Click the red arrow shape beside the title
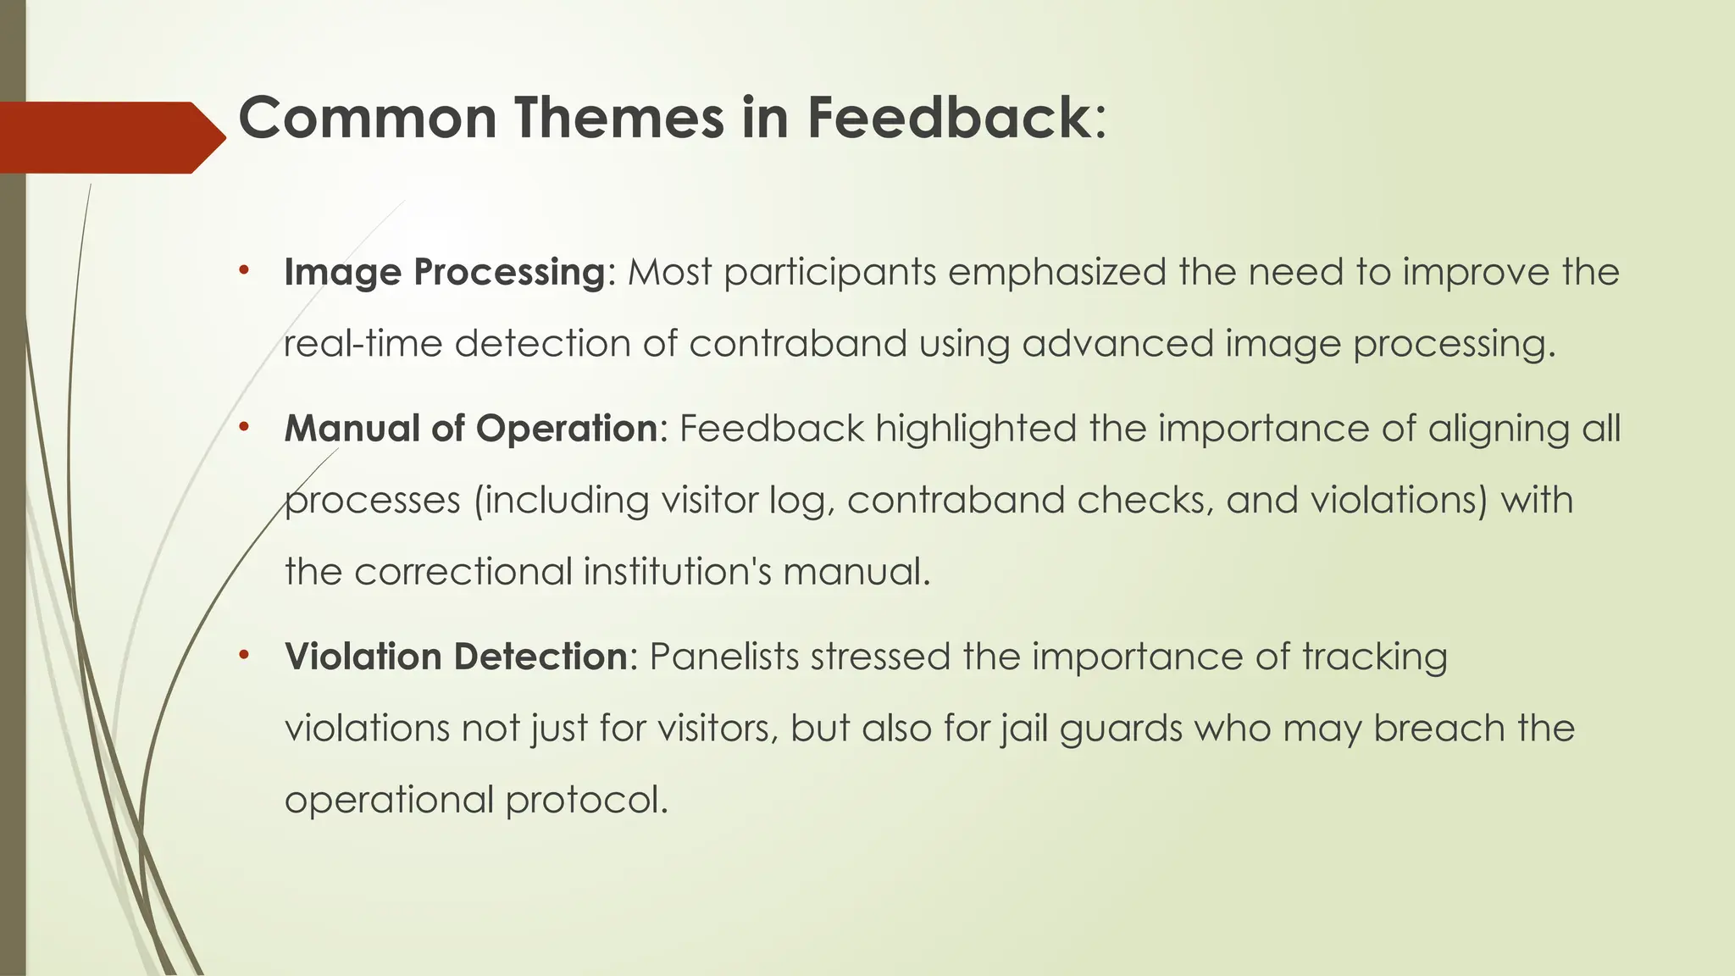[x=110, y=137]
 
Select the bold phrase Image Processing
[x=444, y=272]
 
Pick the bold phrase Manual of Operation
[x=471, y=428]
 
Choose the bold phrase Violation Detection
[x=456, y=657]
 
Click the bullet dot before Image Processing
[x=244, y=271]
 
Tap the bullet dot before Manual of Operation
[x=244, y=427]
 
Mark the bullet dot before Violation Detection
[x=244, y=655]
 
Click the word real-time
[x=363, y=344]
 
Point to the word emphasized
[x=1056, y=272]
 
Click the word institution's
[x=677, y=571]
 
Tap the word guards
[x=1121, y=729]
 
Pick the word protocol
[x=586, y=800]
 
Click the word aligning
[x=1499, y=429]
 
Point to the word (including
[x=561, y=500]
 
